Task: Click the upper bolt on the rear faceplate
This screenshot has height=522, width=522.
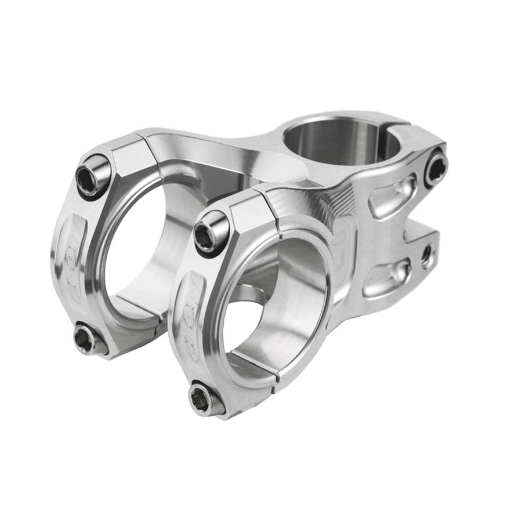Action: (93, 175)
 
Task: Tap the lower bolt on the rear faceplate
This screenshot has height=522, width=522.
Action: (86, 339)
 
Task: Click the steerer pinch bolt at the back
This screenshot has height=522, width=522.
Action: (436, 168)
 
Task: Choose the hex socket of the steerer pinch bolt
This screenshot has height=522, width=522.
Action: (436, 168)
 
